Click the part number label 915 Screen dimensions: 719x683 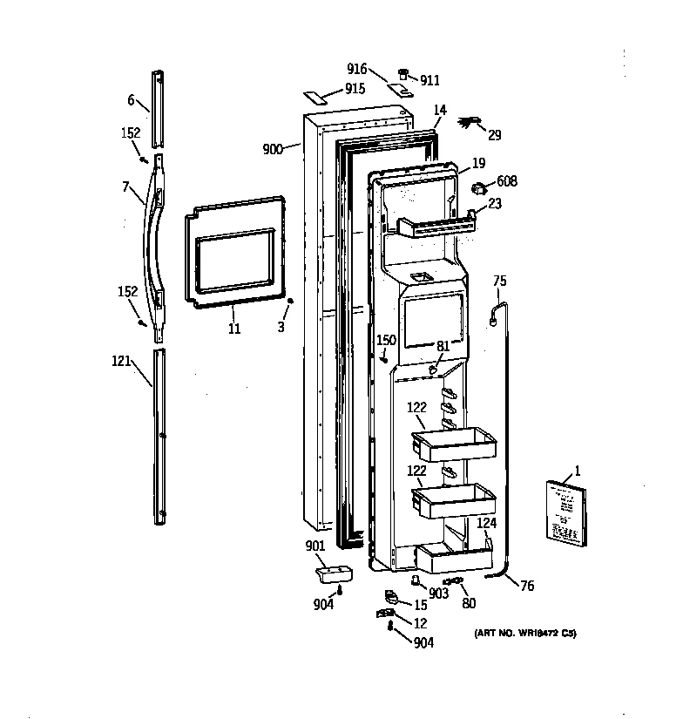(354, 89)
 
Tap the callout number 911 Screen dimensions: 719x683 (429, 80)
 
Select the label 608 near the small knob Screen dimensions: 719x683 (507, 181)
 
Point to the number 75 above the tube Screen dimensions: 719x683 (500, 281)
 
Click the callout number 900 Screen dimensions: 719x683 (273, 149)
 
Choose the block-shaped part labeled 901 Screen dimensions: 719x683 (331, 574)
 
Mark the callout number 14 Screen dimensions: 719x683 (440, 110)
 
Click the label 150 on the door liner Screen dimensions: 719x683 (386, 340)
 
